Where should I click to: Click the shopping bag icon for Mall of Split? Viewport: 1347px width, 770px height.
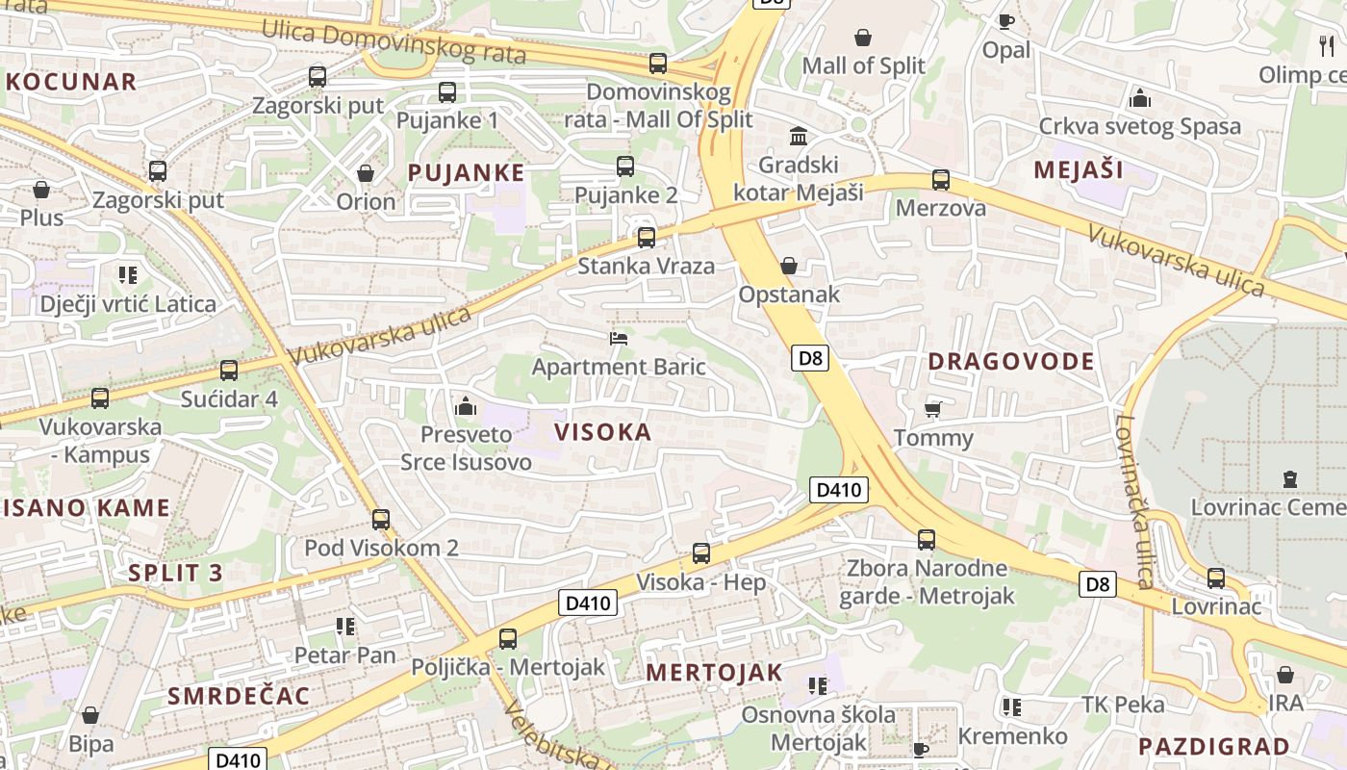click(x=863, y=38)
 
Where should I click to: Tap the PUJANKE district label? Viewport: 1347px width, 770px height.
click(x=467, y=173)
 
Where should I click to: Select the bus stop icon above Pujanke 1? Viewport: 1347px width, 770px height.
click(x=447, y=92)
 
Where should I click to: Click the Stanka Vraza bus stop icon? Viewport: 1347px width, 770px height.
click(x=647, y=237)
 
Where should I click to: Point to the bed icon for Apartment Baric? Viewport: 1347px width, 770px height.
click(x=619, y=338)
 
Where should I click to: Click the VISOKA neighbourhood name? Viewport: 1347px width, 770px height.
click(x=603, y=432)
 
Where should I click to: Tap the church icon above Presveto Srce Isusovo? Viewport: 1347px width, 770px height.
click(x=466, y=406)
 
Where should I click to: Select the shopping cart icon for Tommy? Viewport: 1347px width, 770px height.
click(x=932, y=410)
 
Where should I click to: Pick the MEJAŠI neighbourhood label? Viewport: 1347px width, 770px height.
click(x=1079, y=170)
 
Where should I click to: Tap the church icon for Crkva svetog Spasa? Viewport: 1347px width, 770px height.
click(x=1140, y=98)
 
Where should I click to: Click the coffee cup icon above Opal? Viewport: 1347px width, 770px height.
click(x=1006, y=21)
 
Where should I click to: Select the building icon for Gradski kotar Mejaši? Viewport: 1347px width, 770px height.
click(x=799, y=136)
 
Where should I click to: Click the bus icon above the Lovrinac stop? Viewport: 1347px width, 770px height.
click(x=1216, y=578)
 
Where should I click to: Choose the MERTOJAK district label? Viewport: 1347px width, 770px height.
click(x=714, y=672)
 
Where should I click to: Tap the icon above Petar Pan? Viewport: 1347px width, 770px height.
click(x=345, y=627)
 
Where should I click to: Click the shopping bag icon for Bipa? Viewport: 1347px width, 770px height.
click(x=90, y=715)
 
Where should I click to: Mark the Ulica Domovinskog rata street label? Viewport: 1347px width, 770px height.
click(x=394, y=42)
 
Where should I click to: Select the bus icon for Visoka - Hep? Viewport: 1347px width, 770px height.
click(x=701, y=553)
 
